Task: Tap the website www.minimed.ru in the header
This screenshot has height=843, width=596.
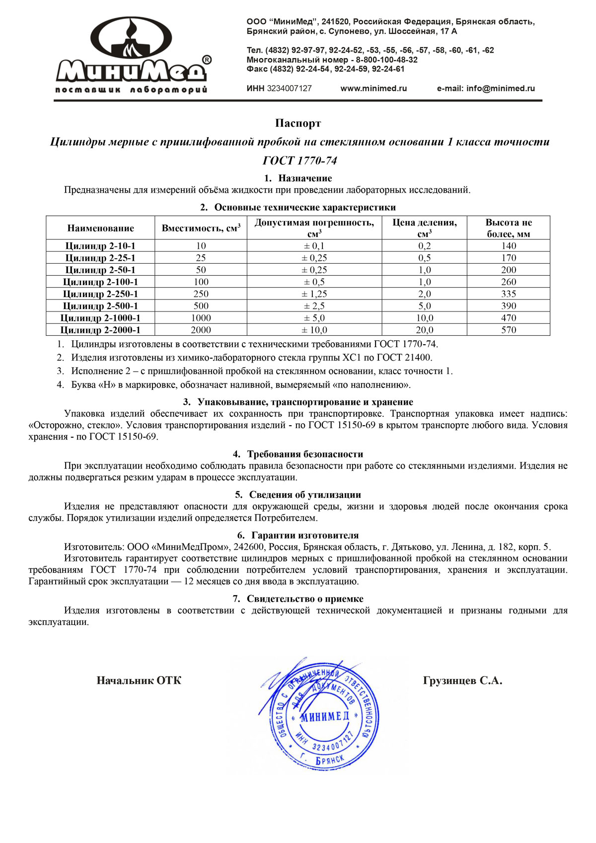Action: pyautogui.click(x=373, y=88)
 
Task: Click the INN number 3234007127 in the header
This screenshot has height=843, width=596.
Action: pyautogui.click(x=289, y=88)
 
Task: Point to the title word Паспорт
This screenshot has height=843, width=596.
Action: pyautogui.click(x=298, y=123)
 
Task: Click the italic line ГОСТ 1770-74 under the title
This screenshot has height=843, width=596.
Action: pyautogui.click(x=299, y=160)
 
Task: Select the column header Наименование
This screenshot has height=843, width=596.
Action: pyautogui.click(x=101, y=229)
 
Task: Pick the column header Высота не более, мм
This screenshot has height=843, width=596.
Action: pyautogui.click(x=509, y=228)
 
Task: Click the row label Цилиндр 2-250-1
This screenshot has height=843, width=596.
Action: pyautogui.click(x=100, y=294)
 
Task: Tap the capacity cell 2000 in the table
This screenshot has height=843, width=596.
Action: pyautogui.click(x=201, y=330)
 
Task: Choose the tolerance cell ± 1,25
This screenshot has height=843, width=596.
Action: pyautogui.click(x=314, y=294)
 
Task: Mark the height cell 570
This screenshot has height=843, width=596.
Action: pyautogui.click(x=509, y=330)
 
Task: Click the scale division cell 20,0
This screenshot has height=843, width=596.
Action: pyautogui.click(x=425, y=330)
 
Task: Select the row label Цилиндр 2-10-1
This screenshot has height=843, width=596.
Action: pyautogui.click(x=100, y=246)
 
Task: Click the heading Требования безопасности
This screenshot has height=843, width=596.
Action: pyautogui.click(x=304, y=454)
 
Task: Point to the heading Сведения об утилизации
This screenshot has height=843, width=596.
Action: pyautogui.click(x=304, y=495)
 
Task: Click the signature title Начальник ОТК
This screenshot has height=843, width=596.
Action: pyautogui.click(x=139, y=681)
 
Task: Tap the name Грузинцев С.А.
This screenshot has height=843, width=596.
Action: pyautogui.click(x=462, y=681)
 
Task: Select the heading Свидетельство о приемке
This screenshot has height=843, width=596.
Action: pyautogui.click(x=304, y=599)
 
